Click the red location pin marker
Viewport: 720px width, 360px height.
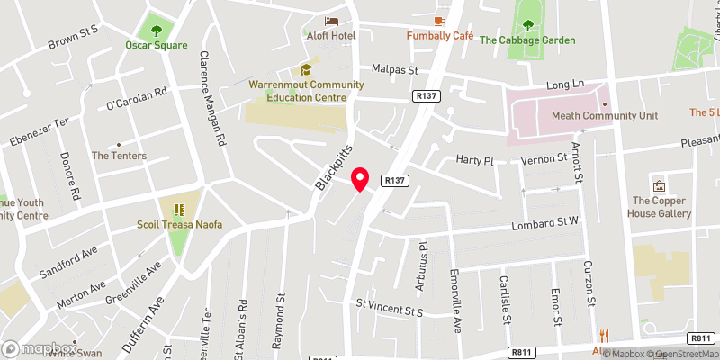pyautogui.click(x=361, y=179)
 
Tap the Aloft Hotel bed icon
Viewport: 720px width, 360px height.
pyautogui.click(x=333, y=20)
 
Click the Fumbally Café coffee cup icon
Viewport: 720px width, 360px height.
pyautogui.click(x=440, y=20)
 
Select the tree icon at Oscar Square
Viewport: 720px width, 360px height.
pyautogui.click(x=157, y=30)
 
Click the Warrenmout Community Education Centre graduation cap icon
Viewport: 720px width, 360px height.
pyautogui.click(x=306, y=69)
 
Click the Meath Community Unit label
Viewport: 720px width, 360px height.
pyautogui.click(x=598, y=116)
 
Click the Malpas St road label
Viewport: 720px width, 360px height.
pyautogui.click(x=395, y=69)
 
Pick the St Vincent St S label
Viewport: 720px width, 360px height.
pyautogui.click(x=389, y=310)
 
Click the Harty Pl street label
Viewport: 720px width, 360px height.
pyautogui.click(x=476, y=161)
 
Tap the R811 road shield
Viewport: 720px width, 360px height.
pyautogui.click(x=523, y=352)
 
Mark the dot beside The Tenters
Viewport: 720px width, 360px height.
pyautogui.click(x=118, y=144)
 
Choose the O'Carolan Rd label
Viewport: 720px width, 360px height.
pyautogui.click(x=137, y=98)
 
